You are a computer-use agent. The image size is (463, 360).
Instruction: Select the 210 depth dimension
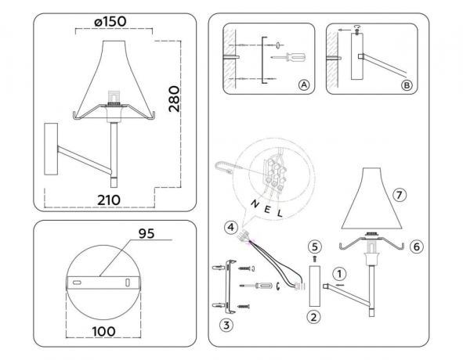point(109,200)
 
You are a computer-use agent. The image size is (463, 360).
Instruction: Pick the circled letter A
point(303,85)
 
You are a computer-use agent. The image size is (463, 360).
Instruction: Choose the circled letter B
point(405,85)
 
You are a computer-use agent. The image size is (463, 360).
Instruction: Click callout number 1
point(338,273)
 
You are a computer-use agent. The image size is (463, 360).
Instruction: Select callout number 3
point(224,324)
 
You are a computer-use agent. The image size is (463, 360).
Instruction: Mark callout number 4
point(230,228)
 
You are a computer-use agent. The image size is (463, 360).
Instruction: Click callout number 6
point(416,246)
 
